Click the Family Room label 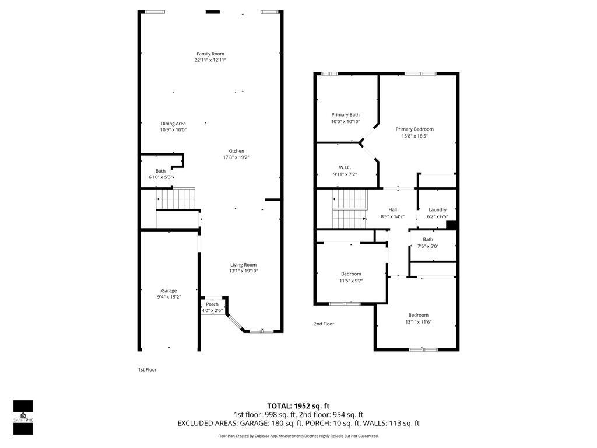(x=210, y=54)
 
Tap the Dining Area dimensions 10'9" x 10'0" (x=173, y=130)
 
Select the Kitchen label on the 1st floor (x=236, y=151)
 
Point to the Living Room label (x=243, y=264)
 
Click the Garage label (x=169, y=290)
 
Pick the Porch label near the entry (x=212, y=304)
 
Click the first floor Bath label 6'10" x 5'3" (x=160, y=171)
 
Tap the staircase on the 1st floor (x=176, y=202)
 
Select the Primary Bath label (x=346, y=115)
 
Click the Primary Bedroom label (x=415, y=129)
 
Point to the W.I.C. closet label (x=345, y=167)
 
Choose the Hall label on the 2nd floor (x=393, y=210)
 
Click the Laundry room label (x=437, y=210)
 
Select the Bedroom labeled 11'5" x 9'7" (x=351, y=274)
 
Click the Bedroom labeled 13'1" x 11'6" (x=418, y=315)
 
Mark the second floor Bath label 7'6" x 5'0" (x=428, y=239)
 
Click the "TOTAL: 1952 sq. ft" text (x=298, y=405)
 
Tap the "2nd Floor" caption (x=324, y=324)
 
